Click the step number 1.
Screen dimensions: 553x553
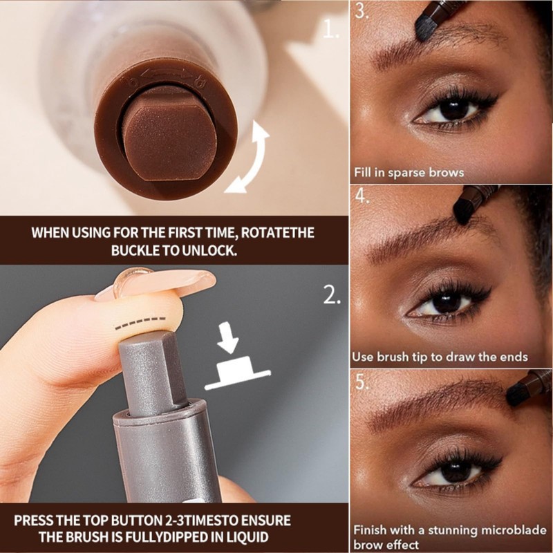coord(330,30)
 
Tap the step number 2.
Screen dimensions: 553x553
coord(332,295)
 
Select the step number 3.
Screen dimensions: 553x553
coord(362,10)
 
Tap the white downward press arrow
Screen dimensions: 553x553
coord(228,338)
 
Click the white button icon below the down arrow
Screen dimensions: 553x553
coord(237,373)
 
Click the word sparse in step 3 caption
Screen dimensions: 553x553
coord(407,174)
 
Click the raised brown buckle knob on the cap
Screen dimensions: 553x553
coord(169,135)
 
